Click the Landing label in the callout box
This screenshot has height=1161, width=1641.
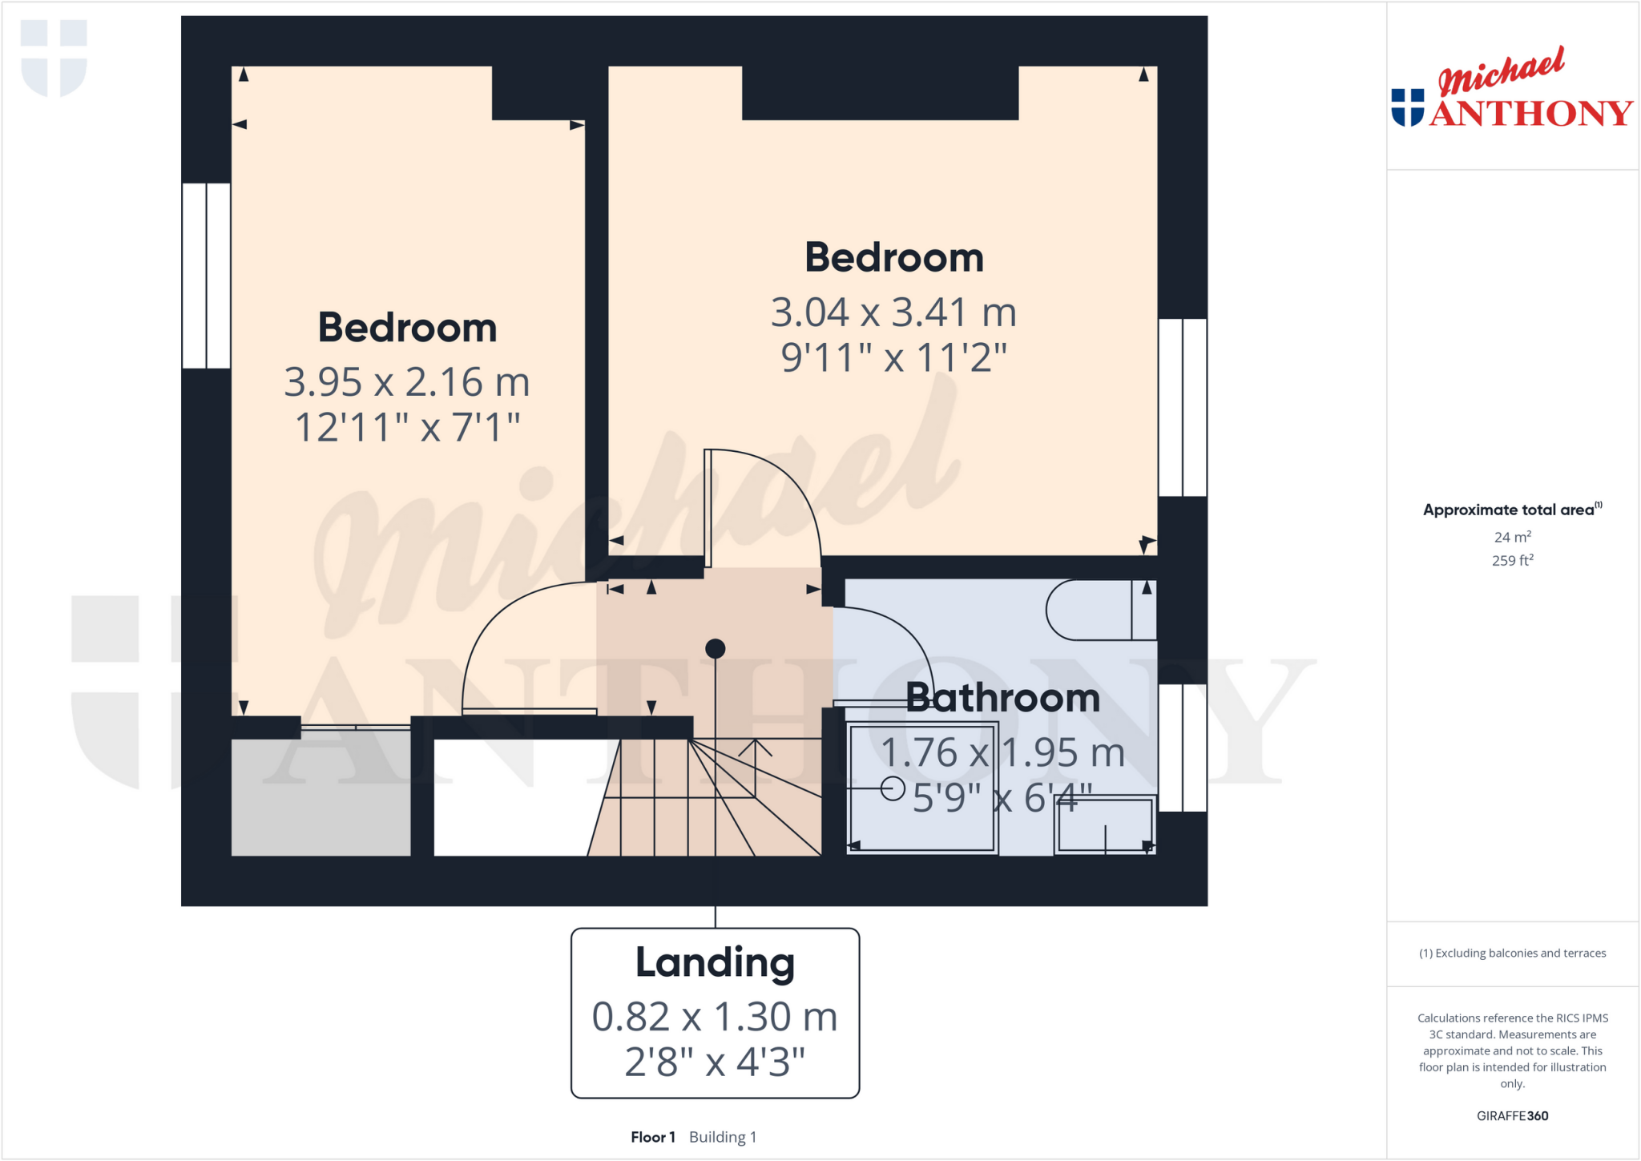coord(715,962)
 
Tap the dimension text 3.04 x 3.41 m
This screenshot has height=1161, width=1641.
coord(893,312)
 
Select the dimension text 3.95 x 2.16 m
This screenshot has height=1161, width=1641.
coord(407,382)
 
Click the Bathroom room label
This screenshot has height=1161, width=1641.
coord(1002,698)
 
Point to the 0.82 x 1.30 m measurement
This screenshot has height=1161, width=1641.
coord(715,1017)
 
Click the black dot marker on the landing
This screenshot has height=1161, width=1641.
coord(716,648)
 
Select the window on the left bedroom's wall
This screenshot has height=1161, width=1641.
coord(207,276)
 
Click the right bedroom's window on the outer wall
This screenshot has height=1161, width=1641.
coord(1183,407)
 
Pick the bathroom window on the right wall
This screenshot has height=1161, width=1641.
coord(1183,748)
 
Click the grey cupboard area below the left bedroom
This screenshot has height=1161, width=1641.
coord(321,797)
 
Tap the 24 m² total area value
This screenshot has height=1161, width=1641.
coord(1512,537)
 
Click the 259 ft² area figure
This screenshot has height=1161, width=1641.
coord(1512,561)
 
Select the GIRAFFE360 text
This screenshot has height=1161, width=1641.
coord(1512,1115)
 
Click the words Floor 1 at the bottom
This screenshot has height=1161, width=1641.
coord(653,1137)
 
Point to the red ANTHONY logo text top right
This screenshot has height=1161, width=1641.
coord(1530,114)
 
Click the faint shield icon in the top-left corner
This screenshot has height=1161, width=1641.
coord(54,58)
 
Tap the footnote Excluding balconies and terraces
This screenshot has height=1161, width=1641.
coord(1512,953)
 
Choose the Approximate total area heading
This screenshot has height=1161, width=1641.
coord(1509,510)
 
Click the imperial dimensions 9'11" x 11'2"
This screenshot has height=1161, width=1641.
coord(893,357)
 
